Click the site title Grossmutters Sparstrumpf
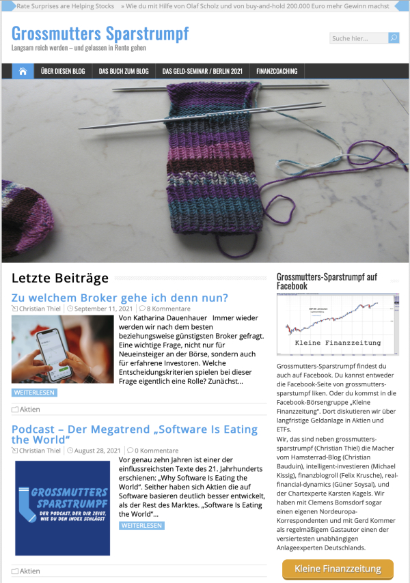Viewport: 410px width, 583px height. coord(100,33)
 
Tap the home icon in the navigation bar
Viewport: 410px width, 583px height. coord(23,71)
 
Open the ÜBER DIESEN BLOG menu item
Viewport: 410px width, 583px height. coord(62,71)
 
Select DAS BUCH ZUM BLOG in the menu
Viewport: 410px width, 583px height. coord(123,71)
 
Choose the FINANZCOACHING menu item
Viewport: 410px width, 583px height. coord(277,71)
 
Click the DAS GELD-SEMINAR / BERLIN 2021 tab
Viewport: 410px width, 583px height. coord(202,71)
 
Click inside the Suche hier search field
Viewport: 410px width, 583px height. coord(358,38)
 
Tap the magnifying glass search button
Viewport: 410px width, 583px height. coord(394,38)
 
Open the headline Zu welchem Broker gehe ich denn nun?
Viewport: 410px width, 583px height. coord(120,298)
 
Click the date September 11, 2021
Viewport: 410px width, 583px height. coord(98,309)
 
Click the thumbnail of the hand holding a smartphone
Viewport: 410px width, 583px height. coord(62,349)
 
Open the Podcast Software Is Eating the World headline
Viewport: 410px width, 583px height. coord(134,434)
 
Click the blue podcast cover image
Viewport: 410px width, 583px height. coord(62,507)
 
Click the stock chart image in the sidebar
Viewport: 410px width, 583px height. coord(338,324)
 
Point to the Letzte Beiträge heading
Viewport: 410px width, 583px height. coord(60,279)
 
